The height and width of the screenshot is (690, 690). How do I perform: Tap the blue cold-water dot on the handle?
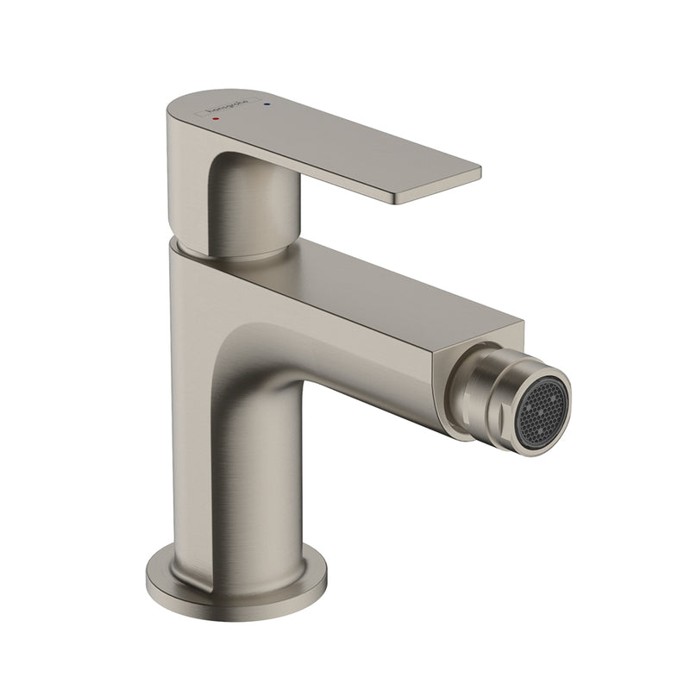click(x=267, y=104)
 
